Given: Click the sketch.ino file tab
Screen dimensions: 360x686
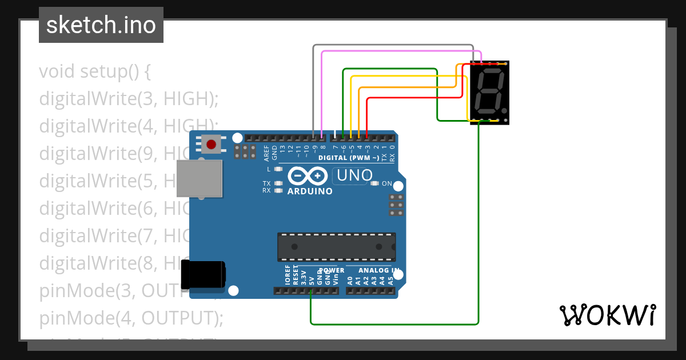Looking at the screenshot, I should point(101,25).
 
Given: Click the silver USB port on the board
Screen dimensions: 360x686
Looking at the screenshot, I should point(200,178).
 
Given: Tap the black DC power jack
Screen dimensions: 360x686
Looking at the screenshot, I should point(203,274).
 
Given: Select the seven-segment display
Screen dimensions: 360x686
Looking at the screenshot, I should point(489,93).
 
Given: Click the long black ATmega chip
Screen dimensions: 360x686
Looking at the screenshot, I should point(336,247).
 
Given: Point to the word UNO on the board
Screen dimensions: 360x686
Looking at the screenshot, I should point(354,175).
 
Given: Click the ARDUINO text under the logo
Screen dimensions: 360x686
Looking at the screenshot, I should point(310,191).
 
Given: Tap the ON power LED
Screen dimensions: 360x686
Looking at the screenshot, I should point(375,183).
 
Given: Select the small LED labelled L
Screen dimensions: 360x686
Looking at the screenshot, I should point(278,169).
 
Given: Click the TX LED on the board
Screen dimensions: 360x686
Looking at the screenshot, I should point(278,183).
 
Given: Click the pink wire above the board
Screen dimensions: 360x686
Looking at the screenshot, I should point(400,51).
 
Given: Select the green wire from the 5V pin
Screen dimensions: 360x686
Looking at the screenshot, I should point(394,324).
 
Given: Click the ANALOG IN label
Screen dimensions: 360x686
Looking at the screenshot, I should point(378,270).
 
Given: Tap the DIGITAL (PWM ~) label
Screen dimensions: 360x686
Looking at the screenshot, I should point(348,157).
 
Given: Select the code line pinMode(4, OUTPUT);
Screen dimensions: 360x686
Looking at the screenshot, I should point(131,318).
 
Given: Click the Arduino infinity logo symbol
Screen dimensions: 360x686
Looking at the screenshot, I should point(309,175).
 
